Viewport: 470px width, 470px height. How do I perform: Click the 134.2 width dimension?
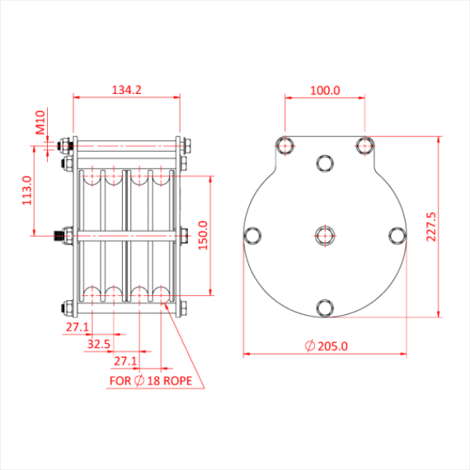pos(126,90)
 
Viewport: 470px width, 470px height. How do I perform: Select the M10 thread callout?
pos(40,124)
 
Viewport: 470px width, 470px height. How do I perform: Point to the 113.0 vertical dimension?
pos(26,190)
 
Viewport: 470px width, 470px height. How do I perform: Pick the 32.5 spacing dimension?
pos(99,344)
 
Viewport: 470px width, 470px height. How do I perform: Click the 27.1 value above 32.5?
pos(78,327)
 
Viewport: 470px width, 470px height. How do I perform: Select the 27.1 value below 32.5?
pos(125,361)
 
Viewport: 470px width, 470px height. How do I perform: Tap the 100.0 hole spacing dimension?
pos(325,90)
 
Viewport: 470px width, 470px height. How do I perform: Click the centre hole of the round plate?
pos(325,236)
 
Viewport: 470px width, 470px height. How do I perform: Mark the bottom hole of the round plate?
pos(325,308)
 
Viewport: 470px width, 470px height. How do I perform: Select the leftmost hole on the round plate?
pos(252,236)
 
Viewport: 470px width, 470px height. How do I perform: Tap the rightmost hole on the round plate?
pos(397,236)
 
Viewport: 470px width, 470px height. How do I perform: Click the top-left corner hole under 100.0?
pos(285,146)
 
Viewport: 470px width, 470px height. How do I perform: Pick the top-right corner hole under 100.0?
pos(364,146)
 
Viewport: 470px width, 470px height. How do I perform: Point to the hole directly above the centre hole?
pos(325,162)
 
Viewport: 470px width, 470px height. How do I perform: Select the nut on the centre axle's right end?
pos(183,236)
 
